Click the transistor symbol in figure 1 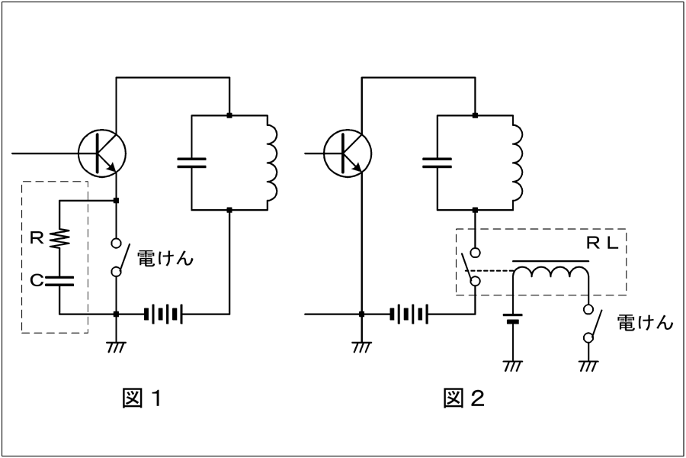click(x=102, y=153)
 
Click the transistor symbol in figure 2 click(x=348, y=153)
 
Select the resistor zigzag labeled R click(x=59, y=238)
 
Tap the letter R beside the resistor click(x=37, y=238)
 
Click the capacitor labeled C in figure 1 click(x=59, y=280)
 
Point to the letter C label click(x=37, y=280)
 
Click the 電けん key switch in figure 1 click(x=117, y=257)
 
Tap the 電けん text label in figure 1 click(x=165, y=259)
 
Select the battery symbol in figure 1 click(x=163, y=314)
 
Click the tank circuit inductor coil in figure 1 click(x=272, y=163)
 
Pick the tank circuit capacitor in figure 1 click(x=191, y=163)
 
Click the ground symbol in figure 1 click(x=116, y=347)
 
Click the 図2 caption click(x=463, y=398)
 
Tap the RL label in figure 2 click(x=602, y=244)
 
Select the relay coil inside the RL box click(x=551, y=272)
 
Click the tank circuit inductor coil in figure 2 click(x=518, y=163)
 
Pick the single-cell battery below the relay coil click(x=512, y=318)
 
